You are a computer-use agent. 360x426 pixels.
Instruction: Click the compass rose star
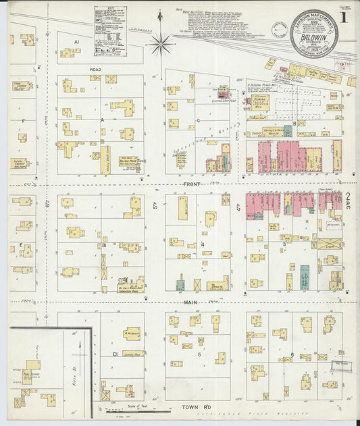[161, 45]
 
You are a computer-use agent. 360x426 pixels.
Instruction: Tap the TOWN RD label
[193, 408]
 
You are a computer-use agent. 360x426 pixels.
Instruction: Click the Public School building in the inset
[30, 371]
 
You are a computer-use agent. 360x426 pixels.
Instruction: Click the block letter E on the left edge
[22, 244]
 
